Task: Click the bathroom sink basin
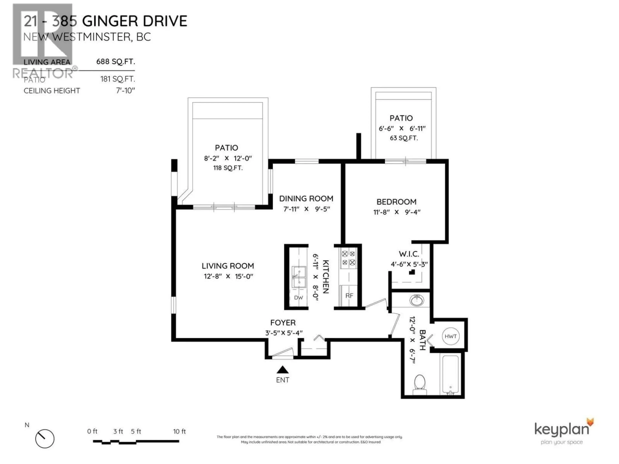[417, 301]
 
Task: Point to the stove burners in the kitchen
[348, 258]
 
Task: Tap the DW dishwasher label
[298, 298]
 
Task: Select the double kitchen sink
[299, 277]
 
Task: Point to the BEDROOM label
[396, 202]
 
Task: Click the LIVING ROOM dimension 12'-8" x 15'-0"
[228, 276]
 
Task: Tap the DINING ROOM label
[306, 199]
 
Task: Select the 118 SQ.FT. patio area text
[228, 168]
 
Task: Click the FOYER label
[283, 323]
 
